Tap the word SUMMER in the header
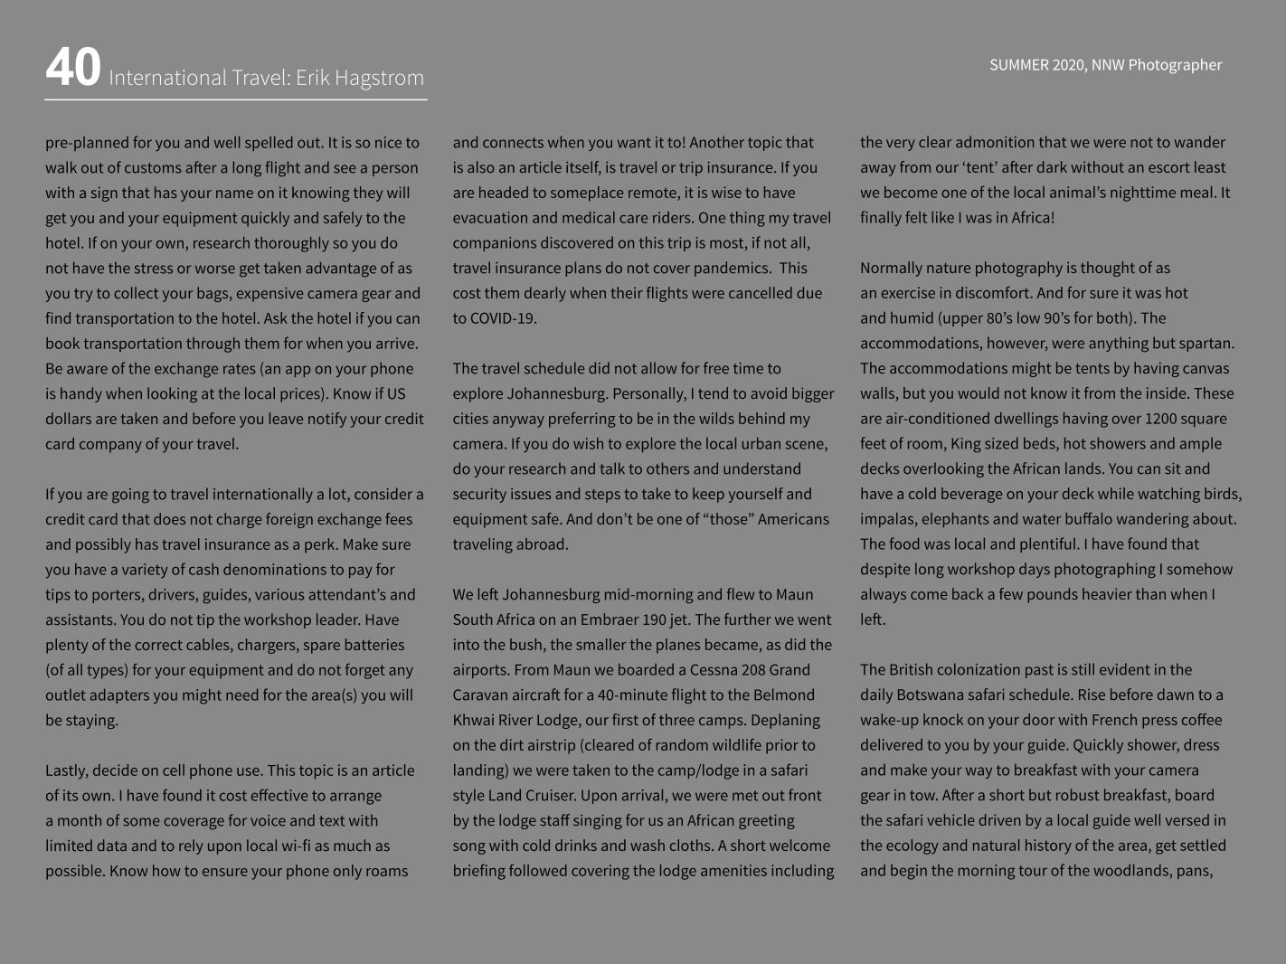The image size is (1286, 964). click(x=1019, y=65)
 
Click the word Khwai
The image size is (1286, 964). click(x=474, y=721)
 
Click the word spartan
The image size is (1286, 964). click(x=1206, y=344)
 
